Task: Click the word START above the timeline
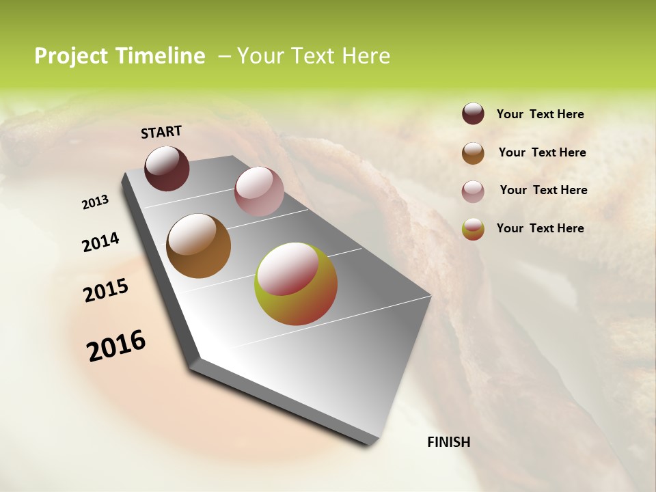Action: pos(161,132)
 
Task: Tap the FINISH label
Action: pos(449,442)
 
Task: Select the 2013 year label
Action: pos(96,202)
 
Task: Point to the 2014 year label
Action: pos(101,242)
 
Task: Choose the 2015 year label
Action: pos(106,290)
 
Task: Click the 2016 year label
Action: pos(116,345)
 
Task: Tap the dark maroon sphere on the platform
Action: pos(167,168)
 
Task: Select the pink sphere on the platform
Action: pos(259,191)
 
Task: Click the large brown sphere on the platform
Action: pos(198,246)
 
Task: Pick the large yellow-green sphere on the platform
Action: pos(296,284)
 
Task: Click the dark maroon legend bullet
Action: pos(473,114)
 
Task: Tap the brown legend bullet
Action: pos(473,152)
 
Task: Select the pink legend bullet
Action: pos(473,191)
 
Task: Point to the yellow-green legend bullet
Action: pos(473,229)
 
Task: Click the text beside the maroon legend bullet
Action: pos(540,114)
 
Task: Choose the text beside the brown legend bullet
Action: pos(542,152)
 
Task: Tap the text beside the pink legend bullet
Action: pos(543,190)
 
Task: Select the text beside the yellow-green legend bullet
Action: pos(540,228)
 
